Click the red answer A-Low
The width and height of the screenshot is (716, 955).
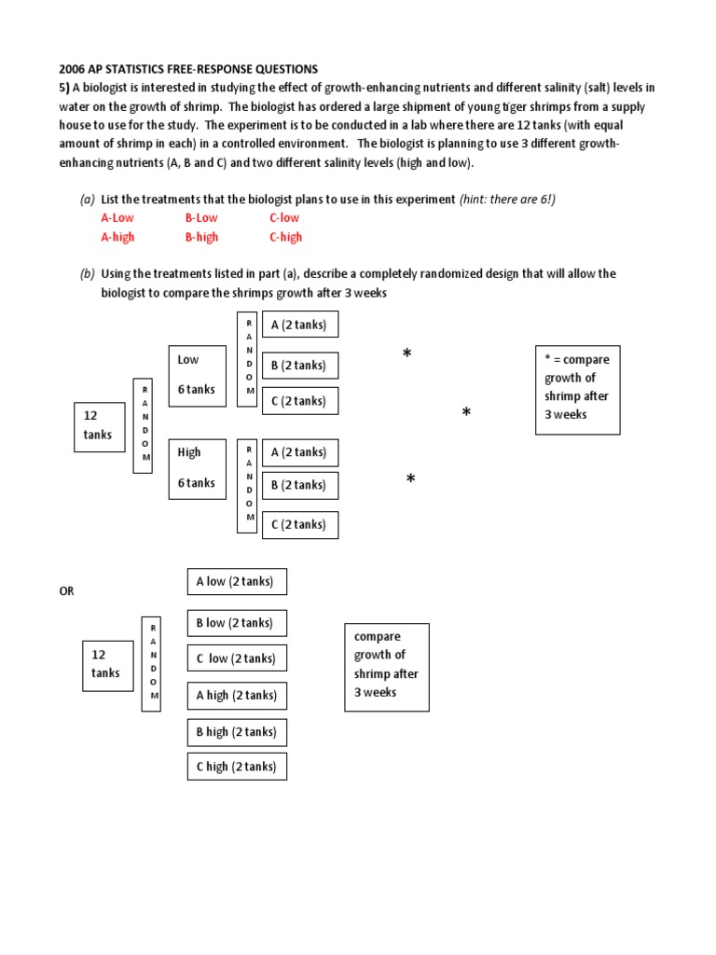pyautogui.click(x=117, y=217)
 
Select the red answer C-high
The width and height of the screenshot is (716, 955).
pyautogui.click(x=285, y=237)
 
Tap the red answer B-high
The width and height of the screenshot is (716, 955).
pyautogui.click(x=201, y=237)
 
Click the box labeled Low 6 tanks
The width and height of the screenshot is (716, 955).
pyautogui.click(x=197, y=375)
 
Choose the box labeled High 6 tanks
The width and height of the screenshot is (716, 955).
pyautogui.click(x=197, y=468)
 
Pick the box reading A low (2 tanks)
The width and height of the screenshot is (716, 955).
pyautogui.click(x=237, y=581)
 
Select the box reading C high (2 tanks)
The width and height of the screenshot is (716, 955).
pyautogui.click(x=237, y=767)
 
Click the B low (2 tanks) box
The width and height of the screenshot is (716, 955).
pyautogui.click(x=237, y=623)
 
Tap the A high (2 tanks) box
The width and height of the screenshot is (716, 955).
pyautogui.click(x=237, y=695)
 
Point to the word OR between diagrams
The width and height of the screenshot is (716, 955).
pyautogui.click(x=66, y=591)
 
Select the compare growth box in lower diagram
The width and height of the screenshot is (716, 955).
pyautogui.click(x=386, y=666)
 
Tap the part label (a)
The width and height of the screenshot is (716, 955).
pyautogui.click(x=87, y=200)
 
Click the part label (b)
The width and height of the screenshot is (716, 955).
pyautogui.click(x=87, y=274)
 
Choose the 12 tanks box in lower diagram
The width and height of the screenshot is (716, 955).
pyautogui.click(x=106, y=665)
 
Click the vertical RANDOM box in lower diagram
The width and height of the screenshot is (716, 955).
pyautogui.click(x=151, y=663)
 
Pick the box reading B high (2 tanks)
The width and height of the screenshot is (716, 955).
pyautogui.click(x=237, y=732)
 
